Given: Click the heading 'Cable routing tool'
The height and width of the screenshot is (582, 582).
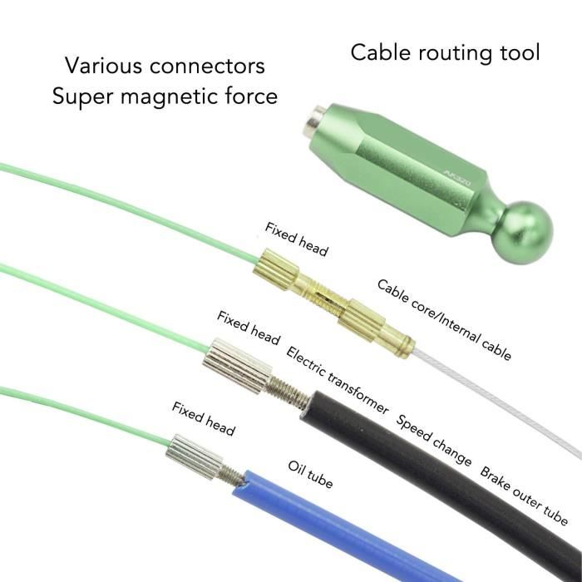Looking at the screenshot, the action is click(x=445, y=52).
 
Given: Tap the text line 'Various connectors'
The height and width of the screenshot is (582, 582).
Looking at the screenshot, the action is click(x=165, y=66).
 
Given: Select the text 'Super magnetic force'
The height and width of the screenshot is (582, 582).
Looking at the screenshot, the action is click(x=165, y=96).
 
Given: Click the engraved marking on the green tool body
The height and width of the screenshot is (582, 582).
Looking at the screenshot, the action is click(x=457, y=178).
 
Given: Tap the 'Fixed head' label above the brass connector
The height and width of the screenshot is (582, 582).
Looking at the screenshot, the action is click(x=296, y=239).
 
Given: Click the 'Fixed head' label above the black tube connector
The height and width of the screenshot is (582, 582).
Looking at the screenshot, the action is click(x=249, y=328).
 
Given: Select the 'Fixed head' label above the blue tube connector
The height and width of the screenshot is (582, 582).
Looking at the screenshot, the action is click(x=203, y=419).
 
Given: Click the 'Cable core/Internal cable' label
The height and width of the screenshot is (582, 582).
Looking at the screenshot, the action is click(x=444, y=320).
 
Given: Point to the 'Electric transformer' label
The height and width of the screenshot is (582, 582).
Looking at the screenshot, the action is click(x=337, y=380).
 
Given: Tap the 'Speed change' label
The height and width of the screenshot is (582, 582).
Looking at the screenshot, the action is click(x=433, y=440).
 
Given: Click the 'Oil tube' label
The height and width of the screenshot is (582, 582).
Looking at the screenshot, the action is click(x=310, y=475).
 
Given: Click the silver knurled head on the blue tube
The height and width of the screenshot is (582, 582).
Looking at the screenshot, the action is click(x=194, y=457).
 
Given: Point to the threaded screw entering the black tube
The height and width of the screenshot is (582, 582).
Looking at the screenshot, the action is click(x=287, y=392).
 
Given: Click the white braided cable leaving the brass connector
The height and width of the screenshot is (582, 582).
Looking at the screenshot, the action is click(x=497, y=402).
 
